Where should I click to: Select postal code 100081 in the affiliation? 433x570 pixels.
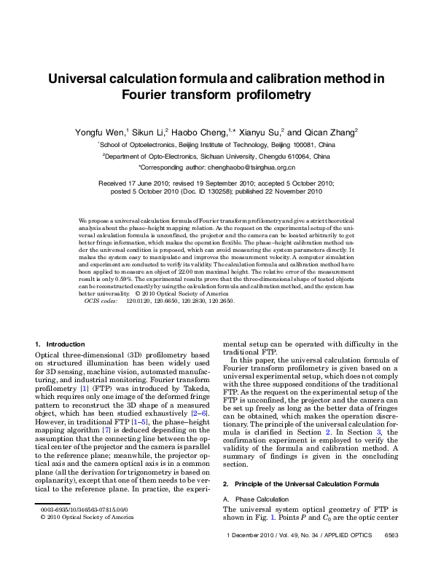tap(293, 145)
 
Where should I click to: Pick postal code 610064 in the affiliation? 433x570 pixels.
tap(300, 156)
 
